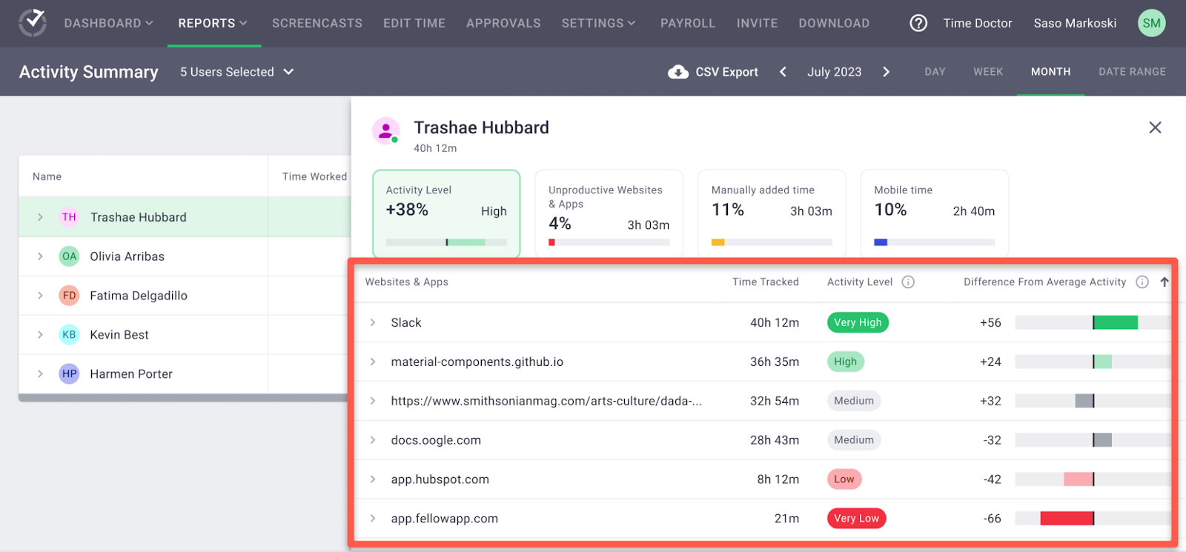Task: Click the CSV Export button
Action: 712,72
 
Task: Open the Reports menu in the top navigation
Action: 213,23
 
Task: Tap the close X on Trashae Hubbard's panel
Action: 1155,127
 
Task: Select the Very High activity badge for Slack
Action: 858,322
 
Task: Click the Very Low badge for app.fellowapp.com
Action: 856,518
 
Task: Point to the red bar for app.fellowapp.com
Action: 1067,518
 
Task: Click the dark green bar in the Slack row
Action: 1116,322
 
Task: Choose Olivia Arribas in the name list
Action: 127,256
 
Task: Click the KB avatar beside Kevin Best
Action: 69,334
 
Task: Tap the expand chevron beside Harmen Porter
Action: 40,373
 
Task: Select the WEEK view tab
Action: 988,71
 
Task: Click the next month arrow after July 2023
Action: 887,71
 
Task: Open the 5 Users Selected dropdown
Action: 236,72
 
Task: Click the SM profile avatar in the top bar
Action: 1152,23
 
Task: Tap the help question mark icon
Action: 918,23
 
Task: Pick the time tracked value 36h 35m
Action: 774,362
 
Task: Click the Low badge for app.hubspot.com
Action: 844,479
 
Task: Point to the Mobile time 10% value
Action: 890,210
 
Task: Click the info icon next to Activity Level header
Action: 908,282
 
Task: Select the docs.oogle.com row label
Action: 436,440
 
